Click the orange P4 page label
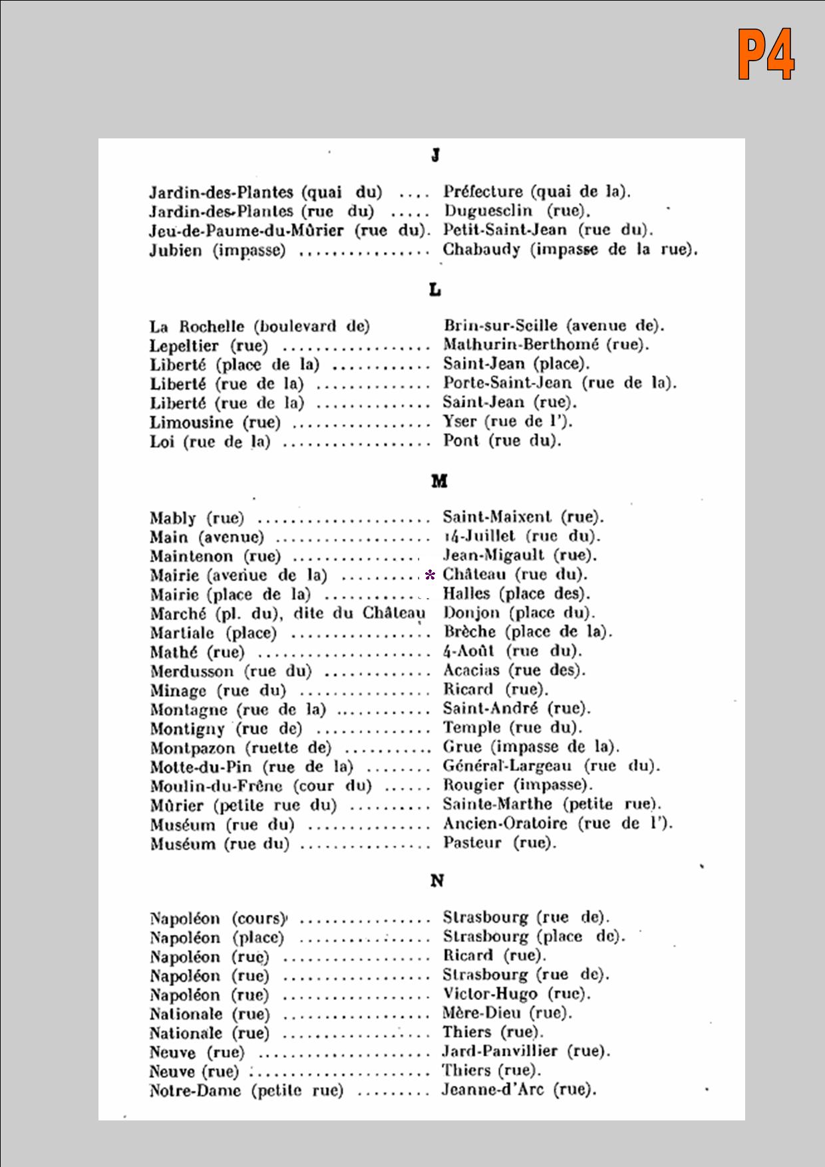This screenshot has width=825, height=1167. click(766, 55)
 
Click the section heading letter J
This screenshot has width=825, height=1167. click(435, 155)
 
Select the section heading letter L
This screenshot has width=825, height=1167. click(435, 290)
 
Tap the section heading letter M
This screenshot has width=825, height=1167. click(439, 481)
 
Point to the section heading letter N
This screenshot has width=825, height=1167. click(437, 881)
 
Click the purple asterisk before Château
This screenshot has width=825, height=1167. click(430, 575)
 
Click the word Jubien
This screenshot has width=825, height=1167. click(176, 251)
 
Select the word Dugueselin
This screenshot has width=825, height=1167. click(488, 211)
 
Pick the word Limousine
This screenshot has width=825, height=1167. click(192, 422)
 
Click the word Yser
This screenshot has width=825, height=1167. click(460, 421)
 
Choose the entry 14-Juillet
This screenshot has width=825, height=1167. click(479, 536)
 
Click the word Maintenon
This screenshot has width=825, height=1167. click(192, 556)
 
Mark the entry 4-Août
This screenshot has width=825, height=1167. click(469, 651)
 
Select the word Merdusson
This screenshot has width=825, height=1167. click(192, 671)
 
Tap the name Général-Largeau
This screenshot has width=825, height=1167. click(507, 766)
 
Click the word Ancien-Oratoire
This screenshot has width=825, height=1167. click(506, 824)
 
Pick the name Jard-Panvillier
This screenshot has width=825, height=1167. click(500, 1051)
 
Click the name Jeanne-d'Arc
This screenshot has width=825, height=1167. click(492, 1090)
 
